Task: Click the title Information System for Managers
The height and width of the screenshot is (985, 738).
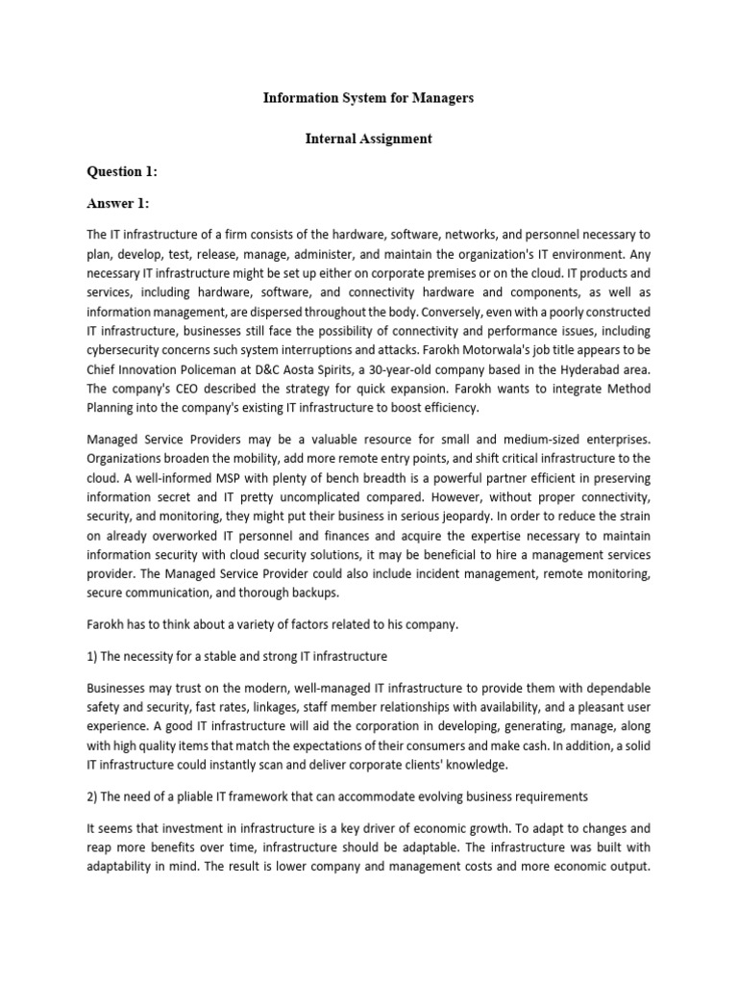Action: [369, 99]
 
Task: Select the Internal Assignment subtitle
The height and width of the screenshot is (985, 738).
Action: [369, 139]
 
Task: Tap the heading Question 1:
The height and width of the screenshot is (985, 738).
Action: [122, 171]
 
